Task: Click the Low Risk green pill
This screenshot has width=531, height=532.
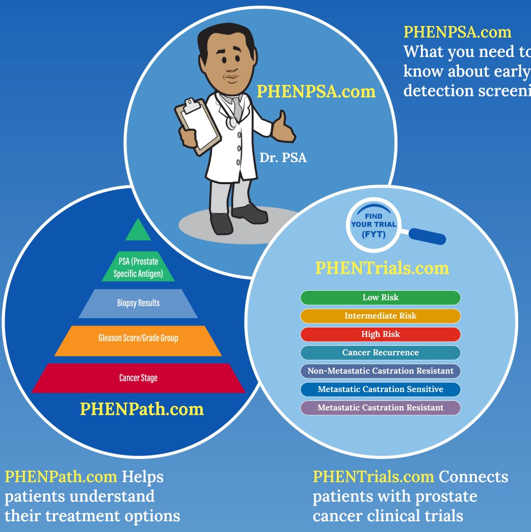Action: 380,297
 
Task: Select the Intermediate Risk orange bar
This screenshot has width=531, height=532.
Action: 380,316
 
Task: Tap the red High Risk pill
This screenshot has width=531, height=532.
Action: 380,334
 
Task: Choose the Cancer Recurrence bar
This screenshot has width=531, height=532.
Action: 380,352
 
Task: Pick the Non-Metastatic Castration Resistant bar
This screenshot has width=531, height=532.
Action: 380,371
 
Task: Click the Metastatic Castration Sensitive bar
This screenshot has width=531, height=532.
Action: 380,389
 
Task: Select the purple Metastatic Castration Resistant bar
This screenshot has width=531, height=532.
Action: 380,408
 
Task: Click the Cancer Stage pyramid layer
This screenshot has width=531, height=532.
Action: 138,378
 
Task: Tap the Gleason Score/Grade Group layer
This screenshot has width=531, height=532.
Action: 138,338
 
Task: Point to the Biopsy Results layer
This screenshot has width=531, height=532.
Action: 138,303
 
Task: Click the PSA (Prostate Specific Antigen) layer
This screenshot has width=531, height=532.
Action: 138,268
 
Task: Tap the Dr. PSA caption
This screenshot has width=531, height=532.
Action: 283,158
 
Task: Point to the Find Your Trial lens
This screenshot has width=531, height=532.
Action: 374,225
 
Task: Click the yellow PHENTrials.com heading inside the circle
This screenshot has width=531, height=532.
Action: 382,268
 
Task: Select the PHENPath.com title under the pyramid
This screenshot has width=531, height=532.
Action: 142,409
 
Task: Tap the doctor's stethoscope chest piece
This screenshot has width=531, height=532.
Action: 232,122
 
